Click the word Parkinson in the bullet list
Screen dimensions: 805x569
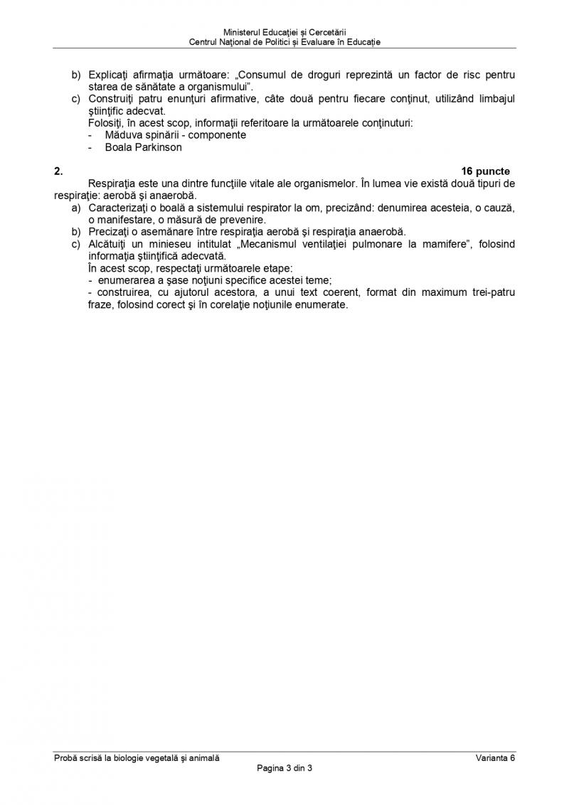[157, 147]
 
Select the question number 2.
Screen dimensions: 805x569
[58, 171]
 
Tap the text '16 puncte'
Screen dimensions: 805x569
[486, 171]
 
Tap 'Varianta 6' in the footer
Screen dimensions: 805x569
[495, 758]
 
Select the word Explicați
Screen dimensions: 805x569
[111, 75]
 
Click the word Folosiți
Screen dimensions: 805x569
[105, 123]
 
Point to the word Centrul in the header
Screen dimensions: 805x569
[204, 42]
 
